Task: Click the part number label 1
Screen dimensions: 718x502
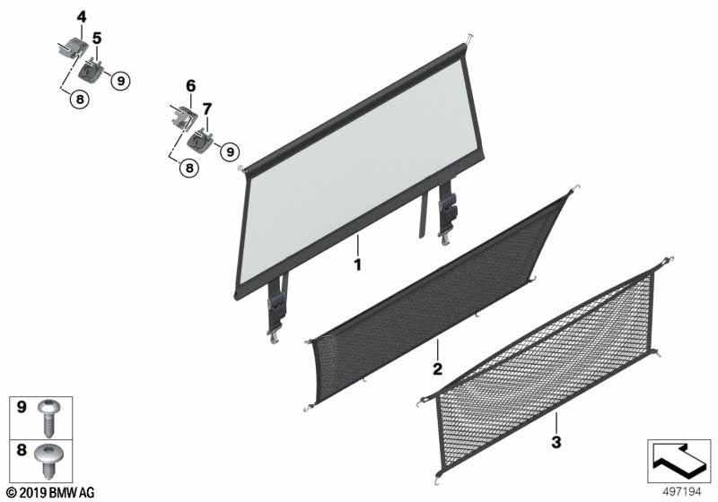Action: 358,264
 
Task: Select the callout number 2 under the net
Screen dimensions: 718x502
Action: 437,368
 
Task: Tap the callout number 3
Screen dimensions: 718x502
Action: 556,442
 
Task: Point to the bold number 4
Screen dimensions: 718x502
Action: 81,17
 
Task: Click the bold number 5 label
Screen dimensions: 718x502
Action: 97,39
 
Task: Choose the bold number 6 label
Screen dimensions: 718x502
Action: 190,85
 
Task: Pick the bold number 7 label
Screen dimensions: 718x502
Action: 207,109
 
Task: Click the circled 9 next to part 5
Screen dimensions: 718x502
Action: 120,81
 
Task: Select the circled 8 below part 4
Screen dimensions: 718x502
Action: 80,100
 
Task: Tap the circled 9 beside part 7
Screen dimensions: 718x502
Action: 230,151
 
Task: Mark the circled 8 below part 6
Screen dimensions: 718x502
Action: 189,168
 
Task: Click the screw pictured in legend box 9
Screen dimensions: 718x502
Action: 48,418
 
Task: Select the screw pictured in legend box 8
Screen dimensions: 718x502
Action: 48,461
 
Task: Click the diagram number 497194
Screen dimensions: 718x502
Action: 682,492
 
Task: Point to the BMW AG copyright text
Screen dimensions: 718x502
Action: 50,493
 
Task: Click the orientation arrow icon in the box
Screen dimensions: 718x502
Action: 679,462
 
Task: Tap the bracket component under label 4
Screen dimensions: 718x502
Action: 73,48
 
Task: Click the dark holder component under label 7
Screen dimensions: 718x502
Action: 200,139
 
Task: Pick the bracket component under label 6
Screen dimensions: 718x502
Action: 183,116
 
